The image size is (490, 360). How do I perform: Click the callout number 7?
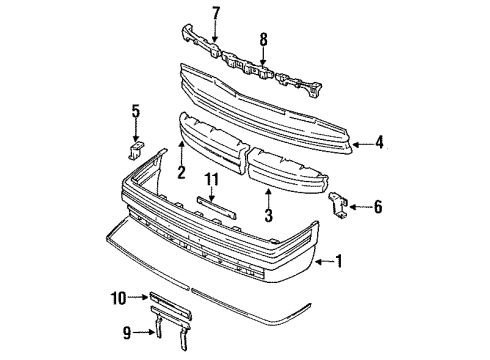point(216,13)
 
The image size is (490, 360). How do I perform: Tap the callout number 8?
point(263,40)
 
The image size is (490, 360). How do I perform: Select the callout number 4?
point(379,142)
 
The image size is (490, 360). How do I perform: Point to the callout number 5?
point(136,111)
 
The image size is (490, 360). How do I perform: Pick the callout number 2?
point(181,172)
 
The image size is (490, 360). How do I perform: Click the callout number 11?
point(212,180)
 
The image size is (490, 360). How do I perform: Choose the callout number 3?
point(268,214)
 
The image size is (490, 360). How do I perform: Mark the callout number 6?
point(378,207)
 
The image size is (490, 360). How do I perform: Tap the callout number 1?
point(339,261)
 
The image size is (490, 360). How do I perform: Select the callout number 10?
point(118,298)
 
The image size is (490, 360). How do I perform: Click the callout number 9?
point(127,332)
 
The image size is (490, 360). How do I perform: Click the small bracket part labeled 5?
point(135,151)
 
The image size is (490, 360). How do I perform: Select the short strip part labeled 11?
point(217,208)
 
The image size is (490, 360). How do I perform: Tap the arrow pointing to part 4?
point(363,144)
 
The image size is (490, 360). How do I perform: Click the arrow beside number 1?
point(325,262)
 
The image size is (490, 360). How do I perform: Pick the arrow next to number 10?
point(138,296)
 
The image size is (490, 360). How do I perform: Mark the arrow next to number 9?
point(144,332)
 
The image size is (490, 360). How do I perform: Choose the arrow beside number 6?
point(360,207)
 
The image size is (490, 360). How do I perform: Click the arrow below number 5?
point(135,130)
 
